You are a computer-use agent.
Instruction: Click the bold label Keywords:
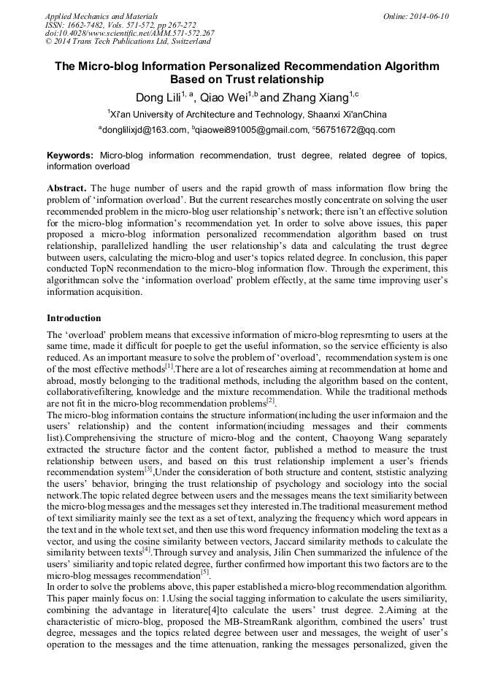(70, 155)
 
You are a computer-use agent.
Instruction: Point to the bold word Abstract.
(66, 188)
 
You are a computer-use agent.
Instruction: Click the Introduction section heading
(74, 318)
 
